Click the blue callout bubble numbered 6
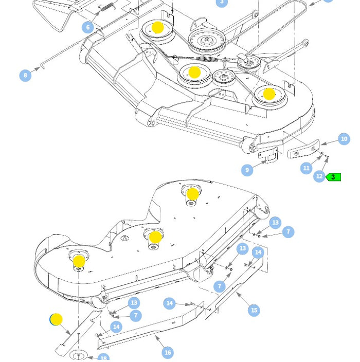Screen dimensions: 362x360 pos(88,27)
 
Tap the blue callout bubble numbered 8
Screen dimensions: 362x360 pos(25,76)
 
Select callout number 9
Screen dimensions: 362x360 pos(247,170)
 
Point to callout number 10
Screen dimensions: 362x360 pos(344,139)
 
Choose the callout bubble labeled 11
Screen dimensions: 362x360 pos(307,168)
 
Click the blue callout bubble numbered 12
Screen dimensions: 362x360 pos(319,176)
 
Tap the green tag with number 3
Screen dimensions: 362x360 pos(333,177)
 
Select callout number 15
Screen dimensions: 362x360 pos(254,310)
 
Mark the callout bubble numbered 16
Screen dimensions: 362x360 pos(168,352)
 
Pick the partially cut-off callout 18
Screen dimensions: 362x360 pos(103,358)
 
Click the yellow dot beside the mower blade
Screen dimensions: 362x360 pos(56,320)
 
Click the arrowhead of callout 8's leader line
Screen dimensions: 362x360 pos(39,68)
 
